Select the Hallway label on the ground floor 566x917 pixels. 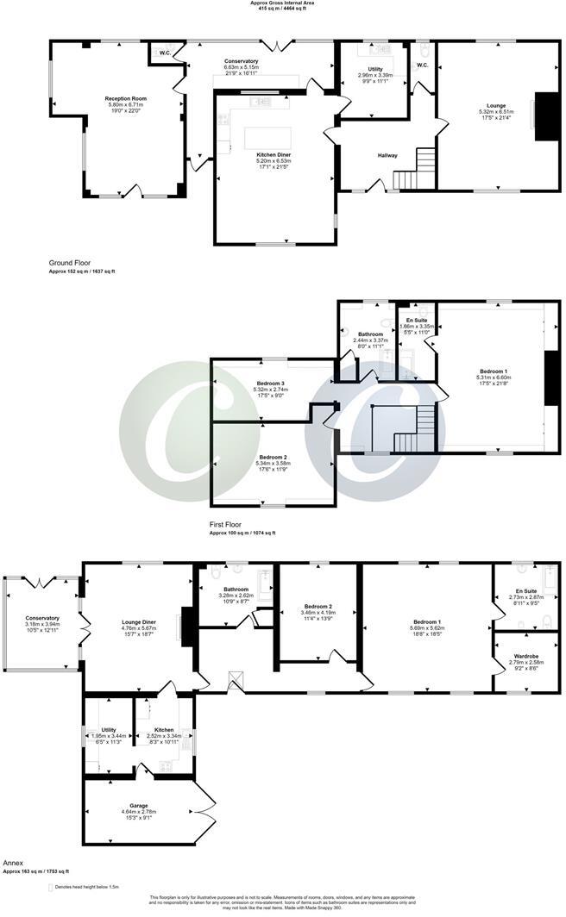(387, 155)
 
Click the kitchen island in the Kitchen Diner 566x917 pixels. (269, 138)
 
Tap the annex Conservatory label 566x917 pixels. (42, 618)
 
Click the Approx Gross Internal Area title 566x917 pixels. (282, 3)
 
